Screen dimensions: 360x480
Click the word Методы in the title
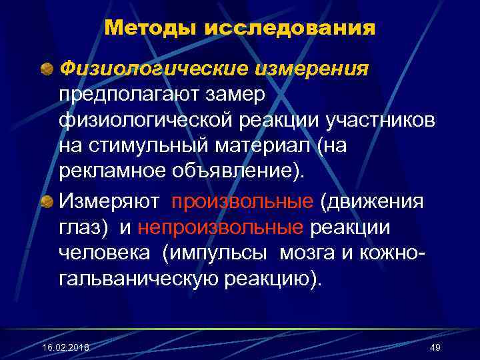click(x=142, y=29)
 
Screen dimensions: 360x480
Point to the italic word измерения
click(x=315, y=69)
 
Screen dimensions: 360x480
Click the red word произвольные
click(x=242, y=201)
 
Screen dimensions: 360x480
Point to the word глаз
click(x=77, y=227)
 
